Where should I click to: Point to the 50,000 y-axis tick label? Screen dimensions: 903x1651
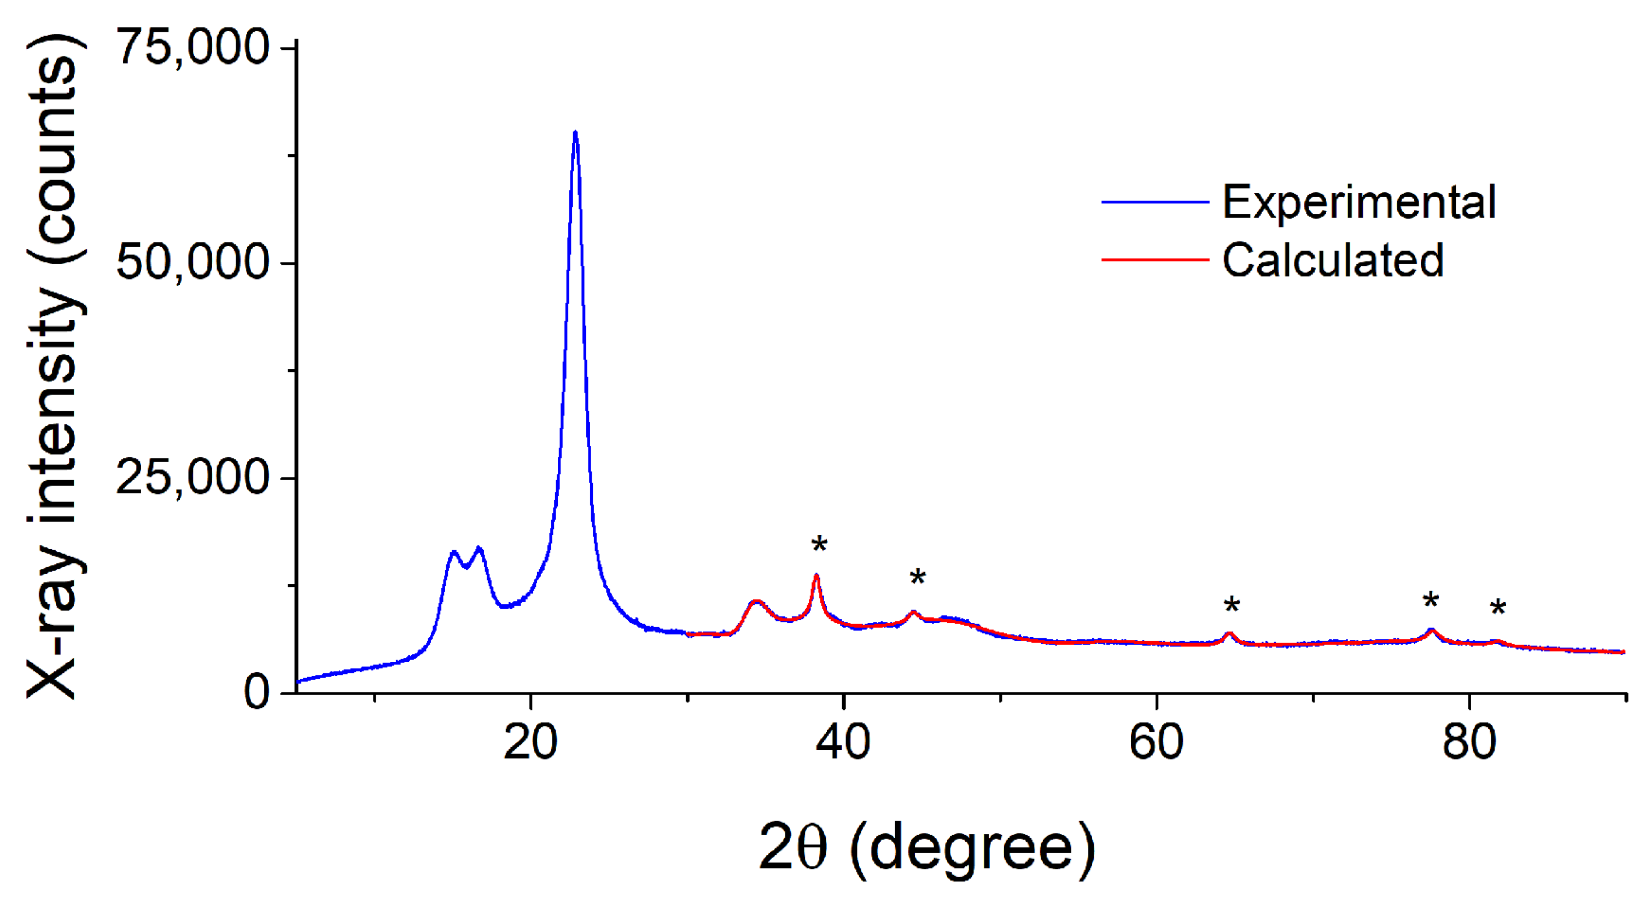point(193,262)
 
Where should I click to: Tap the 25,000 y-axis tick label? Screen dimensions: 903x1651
point(193,477)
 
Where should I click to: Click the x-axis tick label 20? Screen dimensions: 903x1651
point(530,743)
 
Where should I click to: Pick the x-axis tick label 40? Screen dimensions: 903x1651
point(843,743)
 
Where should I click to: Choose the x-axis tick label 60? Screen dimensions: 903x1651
point(1156,743)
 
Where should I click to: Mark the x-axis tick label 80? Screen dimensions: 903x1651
point(1469,743)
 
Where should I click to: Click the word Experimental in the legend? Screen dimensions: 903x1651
point(1360,202)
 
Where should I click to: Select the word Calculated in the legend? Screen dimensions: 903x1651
point(1333,260)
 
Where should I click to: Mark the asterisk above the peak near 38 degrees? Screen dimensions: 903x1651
point(819,546)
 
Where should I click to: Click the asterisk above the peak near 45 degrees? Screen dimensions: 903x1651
point(918,578)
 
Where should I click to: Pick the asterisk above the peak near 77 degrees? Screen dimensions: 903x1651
point(1431,601)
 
